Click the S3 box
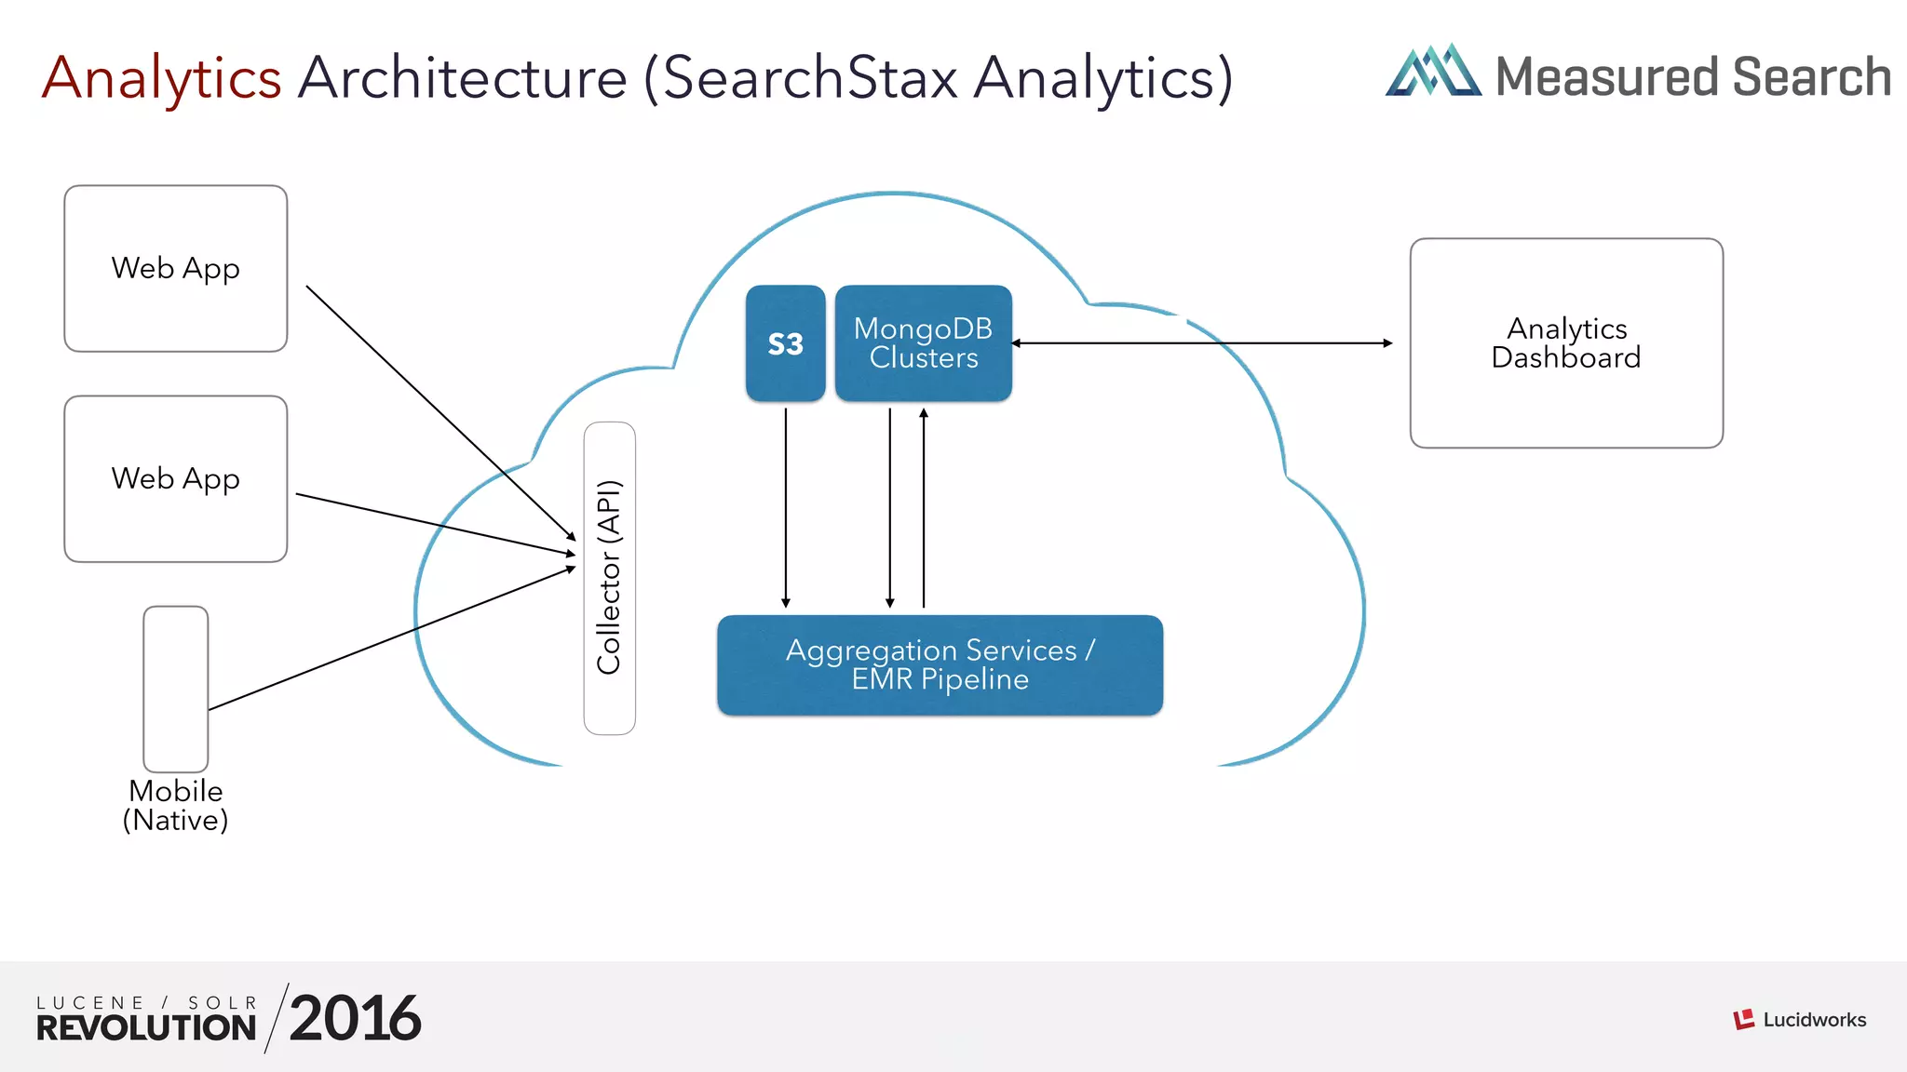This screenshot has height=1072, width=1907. coord(785,343)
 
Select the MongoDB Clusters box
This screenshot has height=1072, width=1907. coord(923,343)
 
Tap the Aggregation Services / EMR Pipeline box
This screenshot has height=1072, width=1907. coord(940,664)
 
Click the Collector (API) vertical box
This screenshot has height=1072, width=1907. coord(609,578)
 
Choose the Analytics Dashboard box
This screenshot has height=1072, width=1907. coord(1566,343)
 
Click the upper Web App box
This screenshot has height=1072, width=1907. coord(175,268)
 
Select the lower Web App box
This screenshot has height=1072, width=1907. coord(175,478)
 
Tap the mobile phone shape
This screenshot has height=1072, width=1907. coord(175,689)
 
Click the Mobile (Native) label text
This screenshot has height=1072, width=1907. coord(175,806)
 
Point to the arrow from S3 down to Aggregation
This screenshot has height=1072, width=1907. coord(786,507)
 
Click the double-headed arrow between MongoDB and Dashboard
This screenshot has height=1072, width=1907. coord(1201,343)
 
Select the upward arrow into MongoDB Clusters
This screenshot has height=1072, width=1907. coord(924,507)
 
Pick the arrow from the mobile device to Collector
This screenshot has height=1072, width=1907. coord(391,638)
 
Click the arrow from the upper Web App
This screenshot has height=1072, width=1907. coord(438,409)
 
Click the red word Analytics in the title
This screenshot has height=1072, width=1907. coord(162,78)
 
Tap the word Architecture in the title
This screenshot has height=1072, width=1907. coord(463,78)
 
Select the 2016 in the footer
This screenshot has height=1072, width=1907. coord(355,1019)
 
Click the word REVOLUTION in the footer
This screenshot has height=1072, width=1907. coord(146,1028)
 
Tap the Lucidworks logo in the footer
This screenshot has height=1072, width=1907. coord(1799,1020)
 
